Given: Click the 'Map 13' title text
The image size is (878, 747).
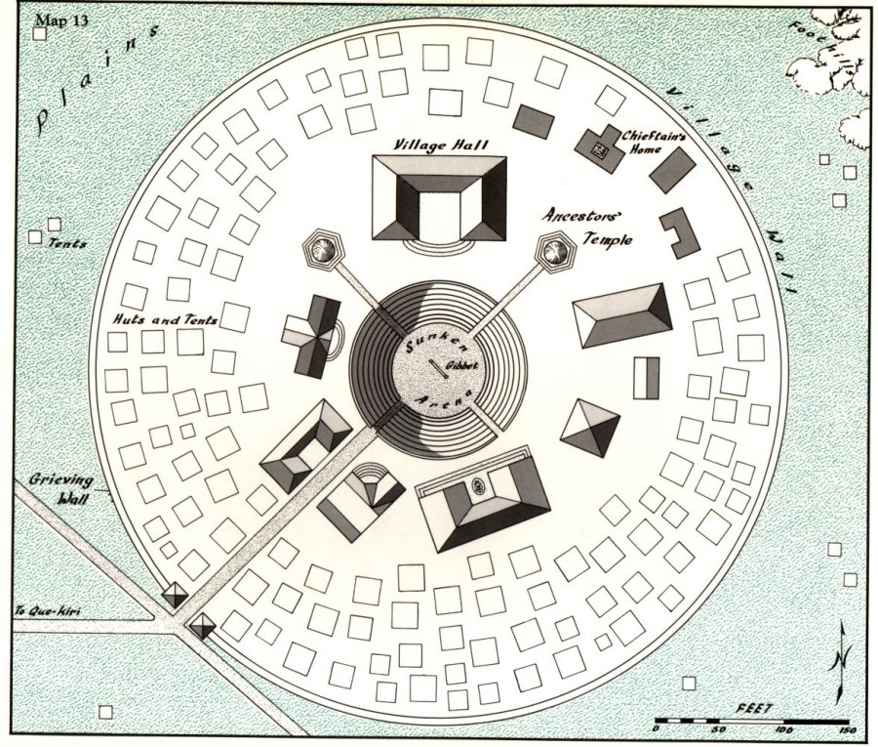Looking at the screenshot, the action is (61, 21).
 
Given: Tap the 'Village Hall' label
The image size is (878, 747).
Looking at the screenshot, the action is (441, 145).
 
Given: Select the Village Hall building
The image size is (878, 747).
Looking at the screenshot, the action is (440, 199).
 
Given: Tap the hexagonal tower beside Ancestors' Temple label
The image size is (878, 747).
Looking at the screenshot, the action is (552, 253).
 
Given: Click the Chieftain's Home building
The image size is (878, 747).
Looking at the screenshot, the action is (598, 149).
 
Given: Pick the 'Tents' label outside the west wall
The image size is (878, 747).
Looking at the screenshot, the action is (66, 243).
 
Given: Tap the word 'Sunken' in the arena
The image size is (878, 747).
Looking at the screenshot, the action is (426, 343).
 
